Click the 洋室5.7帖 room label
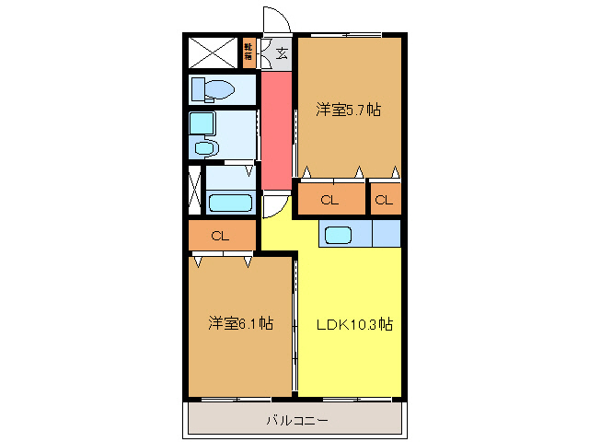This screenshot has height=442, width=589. [x=348, y=110]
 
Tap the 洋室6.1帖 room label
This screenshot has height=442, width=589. [x=240, y=323]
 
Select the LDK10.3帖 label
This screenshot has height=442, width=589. [x=354, y=324]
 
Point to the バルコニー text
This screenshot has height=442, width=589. [x=295, y=421]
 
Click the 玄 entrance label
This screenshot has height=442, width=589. [x=281, y=52]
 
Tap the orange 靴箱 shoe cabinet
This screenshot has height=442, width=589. [x=249, y=52]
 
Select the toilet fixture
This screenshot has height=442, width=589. [x=213, y=89]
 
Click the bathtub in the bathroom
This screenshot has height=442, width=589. [x=230, y=204]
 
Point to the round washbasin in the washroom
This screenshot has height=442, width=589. [x=205, y=148]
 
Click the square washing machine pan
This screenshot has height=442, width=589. [x=201, y=122]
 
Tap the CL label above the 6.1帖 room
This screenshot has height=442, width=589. [x=219, y=236]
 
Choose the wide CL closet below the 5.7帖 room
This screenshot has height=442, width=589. [x=329, y=200]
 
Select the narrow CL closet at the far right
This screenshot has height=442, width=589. [x=385, y=200]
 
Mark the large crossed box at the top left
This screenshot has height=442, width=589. [x=213, y=52]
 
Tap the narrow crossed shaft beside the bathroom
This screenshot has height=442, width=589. [x=194, y=188]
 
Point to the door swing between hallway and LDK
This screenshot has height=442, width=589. [x=273, y=206]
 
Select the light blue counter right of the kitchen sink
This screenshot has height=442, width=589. [x=387, y=235]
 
